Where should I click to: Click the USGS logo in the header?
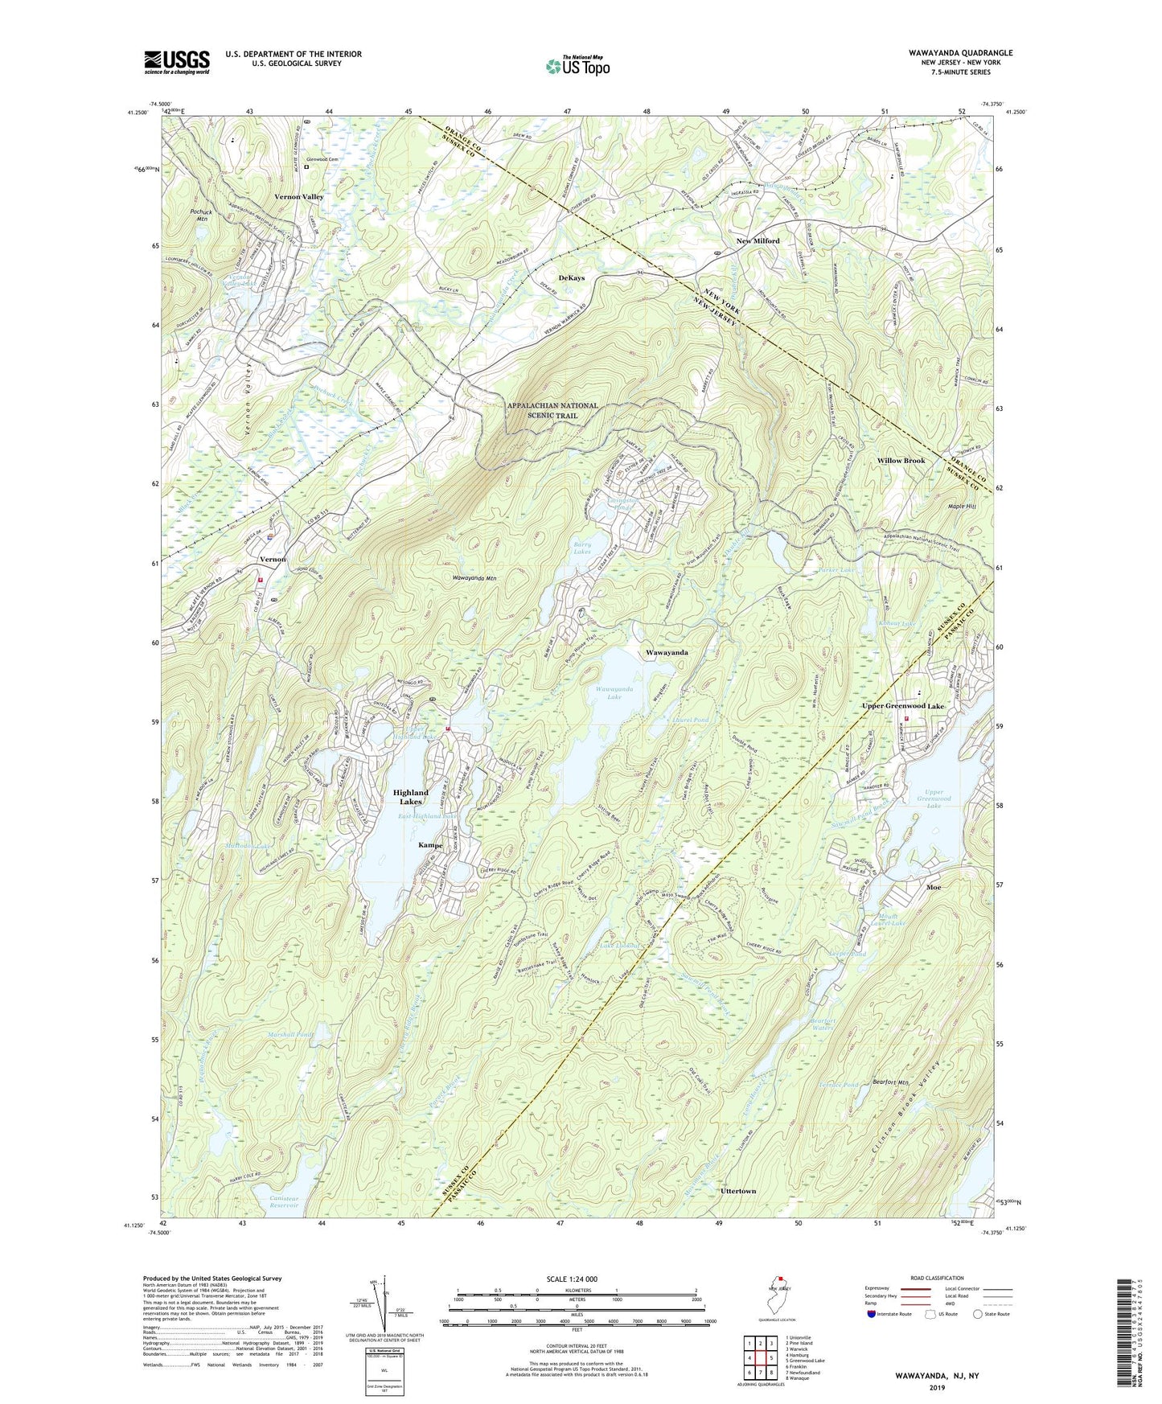[177, 62]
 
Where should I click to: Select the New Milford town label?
[758, 241]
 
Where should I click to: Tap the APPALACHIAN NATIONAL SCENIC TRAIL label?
[552, 410]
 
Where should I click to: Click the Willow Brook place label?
[901, 461]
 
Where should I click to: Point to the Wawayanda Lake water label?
[614, 693]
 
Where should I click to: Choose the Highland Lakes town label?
[410, 797]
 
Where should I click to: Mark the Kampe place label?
[430, 845]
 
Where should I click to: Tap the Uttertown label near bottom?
[737, 1190]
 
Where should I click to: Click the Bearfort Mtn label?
[890, 1082]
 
